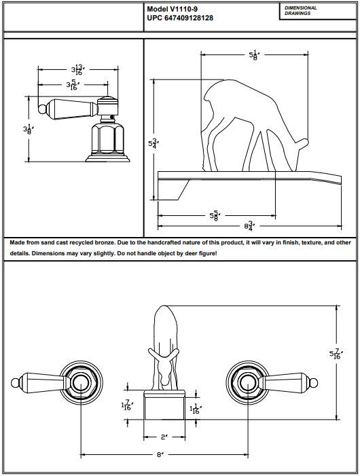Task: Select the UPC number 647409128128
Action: pos(195,18)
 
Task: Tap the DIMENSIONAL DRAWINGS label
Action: pos(301,10)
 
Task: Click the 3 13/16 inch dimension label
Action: pos(77,69)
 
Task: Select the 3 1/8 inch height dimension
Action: pos(28,129)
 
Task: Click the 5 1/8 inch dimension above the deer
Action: pos(254,54)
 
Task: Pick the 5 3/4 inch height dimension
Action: pos(154,144)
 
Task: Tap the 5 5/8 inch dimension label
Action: pos(214,215)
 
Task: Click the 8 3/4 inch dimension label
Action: pos(251,225)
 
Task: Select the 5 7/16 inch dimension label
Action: pos(334,354)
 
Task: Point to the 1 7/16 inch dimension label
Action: pos(127,405)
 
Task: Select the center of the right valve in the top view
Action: pos(248,382)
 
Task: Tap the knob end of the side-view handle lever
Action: pos(42,109)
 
